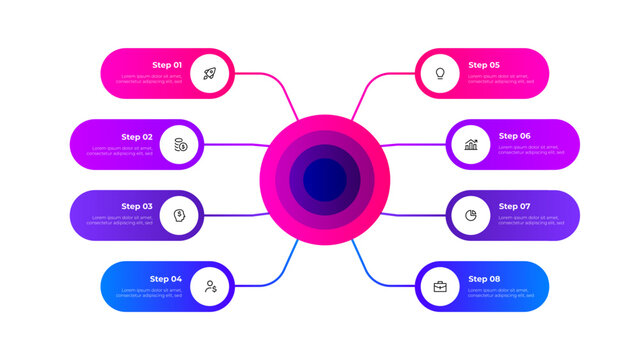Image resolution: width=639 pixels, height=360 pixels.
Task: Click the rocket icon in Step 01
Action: pos(209,73)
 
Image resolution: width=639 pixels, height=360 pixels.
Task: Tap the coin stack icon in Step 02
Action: pos(179,144)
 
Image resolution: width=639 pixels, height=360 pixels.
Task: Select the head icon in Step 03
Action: pos(179,215)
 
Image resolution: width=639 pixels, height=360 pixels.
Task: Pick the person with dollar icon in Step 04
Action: pos(209,286)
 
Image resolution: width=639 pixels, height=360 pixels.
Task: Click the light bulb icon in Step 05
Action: pos(439,73)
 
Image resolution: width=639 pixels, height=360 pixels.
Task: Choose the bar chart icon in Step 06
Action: pos(470,144)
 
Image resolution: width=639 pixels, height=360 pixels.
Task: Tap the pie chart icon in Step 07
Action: pos(470,215)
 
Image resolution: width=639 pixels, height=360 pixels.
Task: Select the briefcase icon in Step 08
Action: pos(439,286)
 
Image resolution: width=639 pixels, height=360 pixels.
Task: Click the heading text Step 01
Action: pos(167,65)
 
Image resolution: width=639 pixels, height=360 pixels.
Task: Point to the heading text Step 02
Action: pos(137,136)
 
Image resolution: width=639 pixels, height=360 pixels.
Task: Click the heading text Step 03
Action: pos(137,207)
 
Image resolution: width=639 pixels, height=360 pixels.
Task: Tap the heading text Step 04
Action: pos(166,278)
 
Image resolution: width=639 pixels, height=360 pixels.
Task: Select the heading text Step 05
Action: pos(484,65)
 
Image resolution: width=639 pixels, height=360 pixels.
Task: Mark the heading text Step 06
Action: pos(514,136)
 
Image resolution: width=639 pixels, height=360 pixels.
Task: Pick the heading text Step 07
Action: pos(514,207)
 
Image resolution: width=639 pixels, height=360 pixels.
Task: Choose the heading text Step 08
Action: pos(484,278)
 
